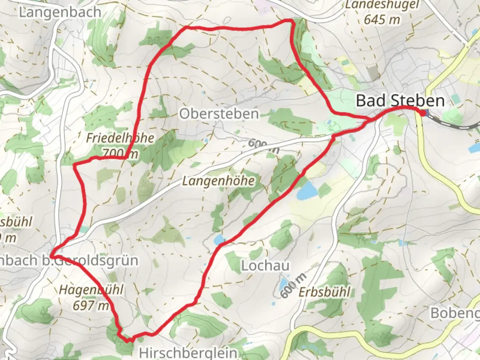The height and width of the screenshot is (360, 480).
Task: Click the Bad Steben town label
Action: click(x=400, y=101)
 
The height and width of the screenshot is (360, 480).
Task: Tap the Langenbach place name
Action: click(x=60, y=12)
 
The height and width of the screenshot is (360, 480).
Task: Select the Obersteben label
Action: click(x=219, y=114)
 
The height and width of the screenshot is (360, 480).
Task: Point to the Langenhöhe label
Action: click(x=218, y=181)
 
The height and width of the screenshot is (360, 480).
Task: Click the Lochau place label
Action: click(x=265, y=266)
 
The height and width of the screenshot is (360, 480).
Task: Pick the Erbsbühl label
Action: click(x=324, y=292)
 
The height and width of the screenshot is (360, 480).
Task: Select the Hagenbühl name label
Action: click(x=91, y=290)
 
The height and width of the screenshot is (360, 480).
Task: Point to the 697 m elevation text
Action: click(x=91, y=305)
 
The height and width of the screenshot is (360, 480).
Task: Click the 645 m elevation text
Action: click(x=382, y=20)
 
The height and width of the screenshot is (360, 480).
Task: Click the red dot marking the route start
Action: click(x=423, y=113)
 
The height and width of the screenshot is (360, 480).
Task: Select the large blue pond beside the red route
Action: click(x=307, y=191)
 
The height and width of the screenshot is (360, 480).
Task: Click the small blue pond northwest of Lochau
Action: click(x=219, y=239)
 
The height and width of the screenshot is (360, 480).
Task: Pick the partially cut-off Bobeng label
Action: click(x=455, y=313)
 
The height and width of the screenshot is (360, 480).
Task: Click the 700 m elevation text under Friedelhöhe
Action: click(x=120, y=154)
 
